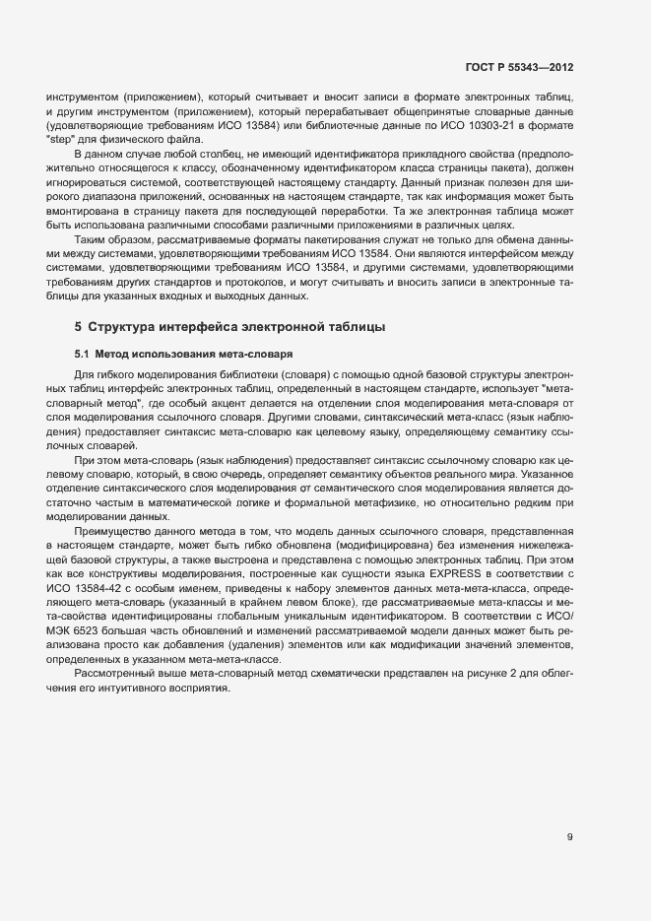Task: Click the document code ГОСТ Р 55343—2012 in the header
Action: (x=518, y=68)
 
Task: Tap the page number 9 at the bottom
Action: (x=569, y=837)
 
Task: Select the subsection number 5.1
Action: (x=82, y=353)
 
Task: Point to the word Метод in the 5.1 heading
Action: (x=113, y=353)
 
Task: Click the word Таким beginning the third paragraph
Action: (x=90, y=240)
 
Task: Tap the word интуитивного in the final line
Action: (x=128, y=687)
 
